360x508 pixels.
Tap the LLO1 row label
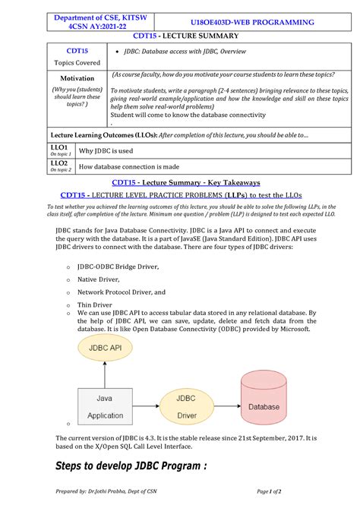point(60,150)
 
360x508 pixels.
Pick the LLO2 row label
point(60,166)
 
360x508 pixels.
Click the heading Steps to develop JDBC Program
point(131,465)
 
